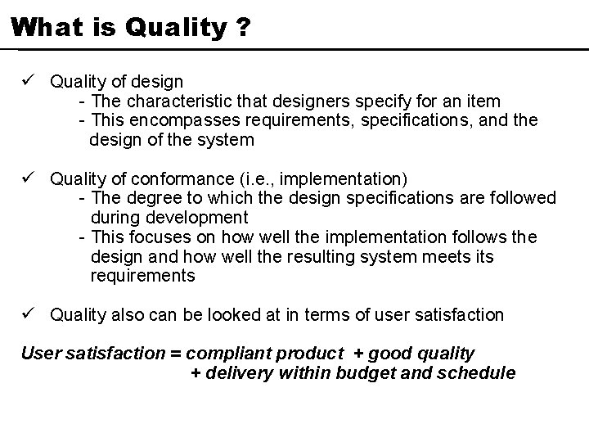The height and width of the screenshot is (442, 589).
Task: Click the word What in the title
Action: pos(41,28)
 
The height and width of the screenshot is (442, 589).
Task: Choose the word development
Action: pos(196,218)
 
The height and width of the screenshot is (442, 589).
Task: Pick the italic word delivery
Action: pos(242,374)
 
